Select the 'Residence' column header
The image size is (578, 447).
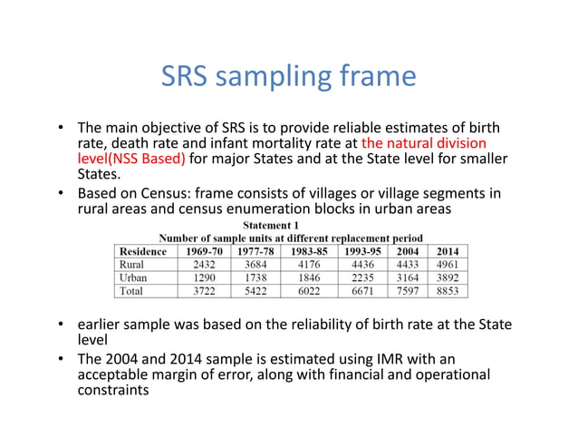point(143,251)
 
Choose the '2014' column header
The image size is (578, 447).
point(447,251)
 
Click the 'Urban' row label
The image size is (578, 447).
point(133,277)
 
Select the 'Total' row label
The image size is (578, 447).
point(131,290)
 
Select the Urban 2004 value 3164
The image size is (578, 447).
point(409,277)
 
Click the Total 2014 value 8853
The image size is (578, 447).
point(447,290)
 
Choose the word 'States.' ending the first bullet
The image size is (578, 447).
point(101,175)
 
